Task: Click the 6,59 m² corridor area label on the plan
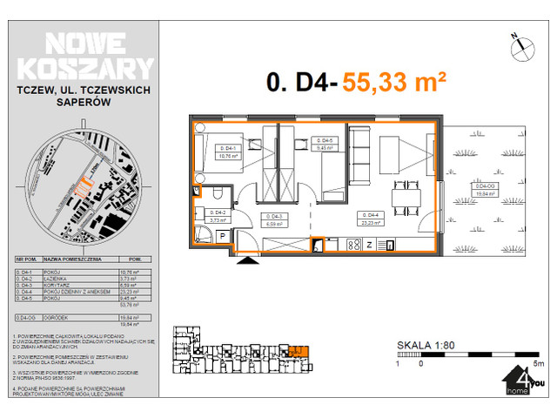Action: [274, 222]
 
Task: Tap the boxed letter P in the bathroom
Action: [223, 236]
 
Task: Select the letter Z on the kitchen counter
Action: [369, 243]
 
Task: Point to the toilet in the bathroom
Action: [198, 192]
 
